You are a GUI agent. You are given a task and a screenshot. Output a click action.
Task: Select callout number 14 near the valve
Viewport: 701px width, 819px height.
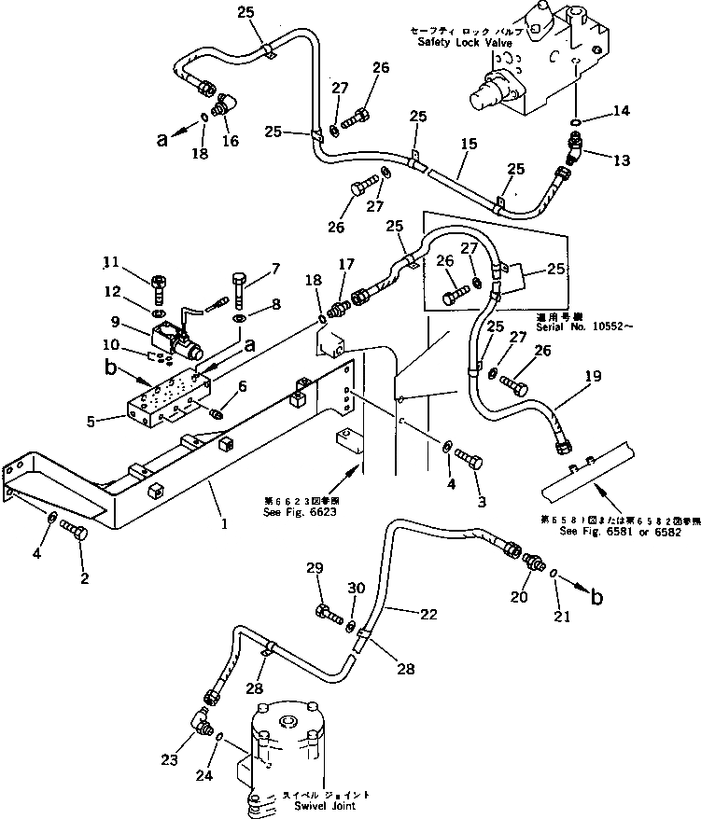click(x=620, y=111)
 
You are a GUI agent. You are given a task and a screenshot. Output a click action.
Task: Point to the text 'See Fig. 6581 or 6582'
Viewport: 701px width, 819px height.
click(x=621, y=532)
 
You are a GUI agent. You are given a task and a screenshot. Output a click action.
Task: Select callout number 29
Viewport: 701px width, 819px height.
click(x=314, y=568)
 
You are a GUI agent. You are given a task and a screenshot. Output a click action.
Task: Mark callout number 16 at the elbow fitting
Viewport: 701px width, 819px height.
click(x=229, y=141)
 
